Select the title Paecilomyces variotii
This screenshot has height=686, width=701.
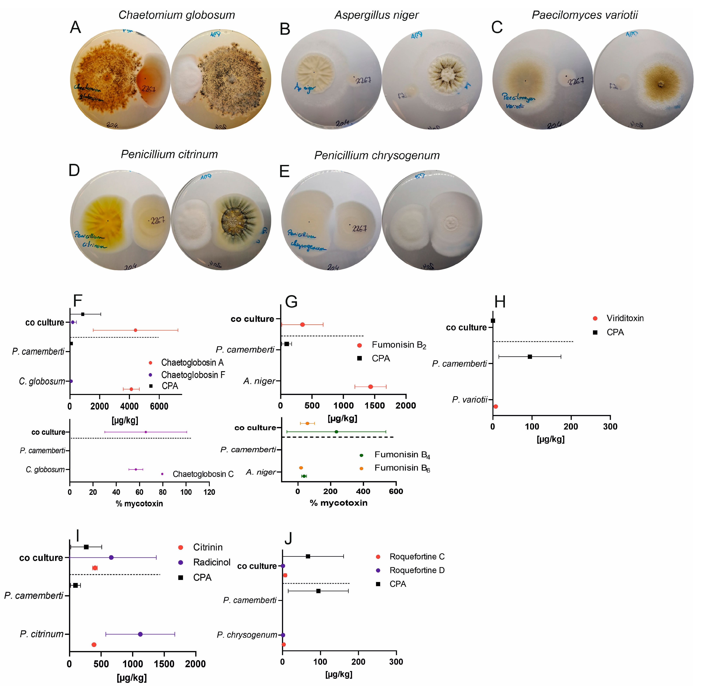point(585,15)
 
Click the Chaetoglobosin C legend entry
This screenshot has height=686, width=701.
point(203,474)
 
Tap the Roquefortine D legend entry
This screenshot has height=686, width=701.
point(417,570)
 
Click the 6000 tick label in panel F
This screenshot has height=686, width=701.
point(159,406)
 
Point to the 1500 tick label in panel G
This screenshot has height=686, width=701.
point(375,406)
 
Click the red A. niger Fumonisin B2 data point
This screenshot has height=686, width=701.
point(371,387)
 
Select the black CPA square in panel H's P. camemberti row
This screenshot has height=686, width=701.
point(530,357)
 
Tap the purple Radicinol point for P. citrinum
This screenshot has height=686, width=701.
point(140,634)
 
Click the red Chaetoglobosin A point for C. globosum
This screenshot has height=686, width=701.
point(131,389)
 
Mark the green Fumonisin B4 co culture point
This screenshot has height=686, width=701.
point(336,432)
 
